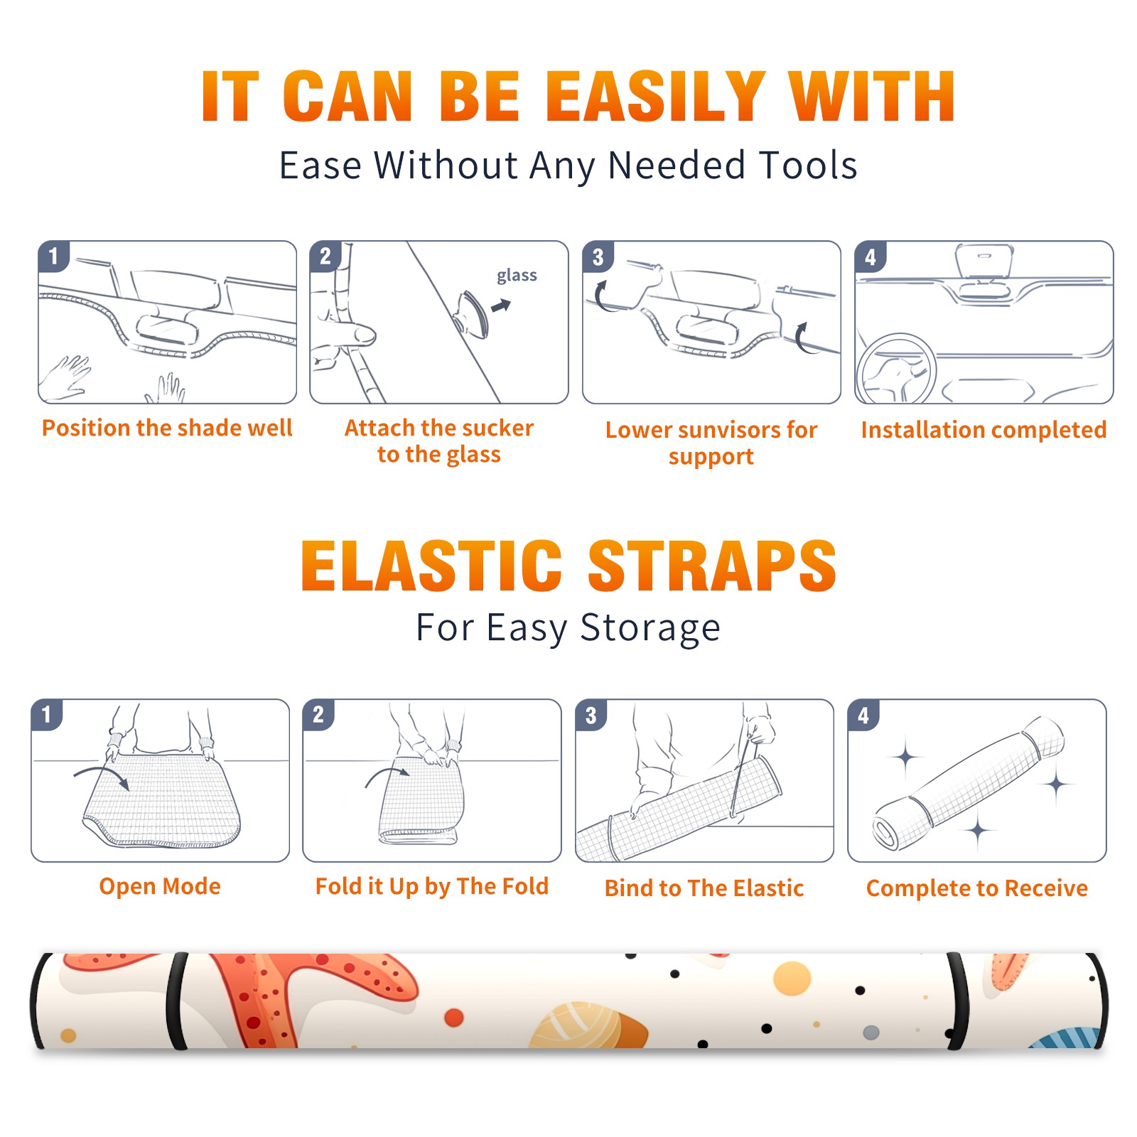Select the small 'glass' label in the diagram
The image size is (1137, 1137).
(517, 276)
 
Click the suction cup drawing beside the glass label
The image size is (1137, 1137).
(472, 313)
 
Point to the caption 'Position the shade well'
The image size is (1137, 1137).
(167, 428)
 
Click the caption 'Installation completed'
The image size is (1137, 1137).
(984, 429)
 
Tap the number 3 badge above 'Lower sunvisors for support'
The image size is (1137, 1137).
(598, 257)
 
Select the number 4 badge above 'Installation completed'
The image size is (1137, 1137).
(871, 257)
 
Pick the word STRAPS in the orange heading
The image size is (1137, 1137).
(712, 566)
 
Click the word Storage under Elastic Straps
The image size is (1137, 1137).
(650, 629)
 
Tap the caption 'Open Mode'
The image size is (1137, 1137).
(160, 886)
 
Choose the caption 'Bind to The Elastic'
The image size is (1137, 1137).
(704, 888)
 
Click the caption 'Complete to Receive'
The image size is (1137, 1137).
(977, 888)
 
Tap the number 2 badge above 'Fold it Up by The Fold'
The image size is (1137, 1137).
(318, 715)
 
